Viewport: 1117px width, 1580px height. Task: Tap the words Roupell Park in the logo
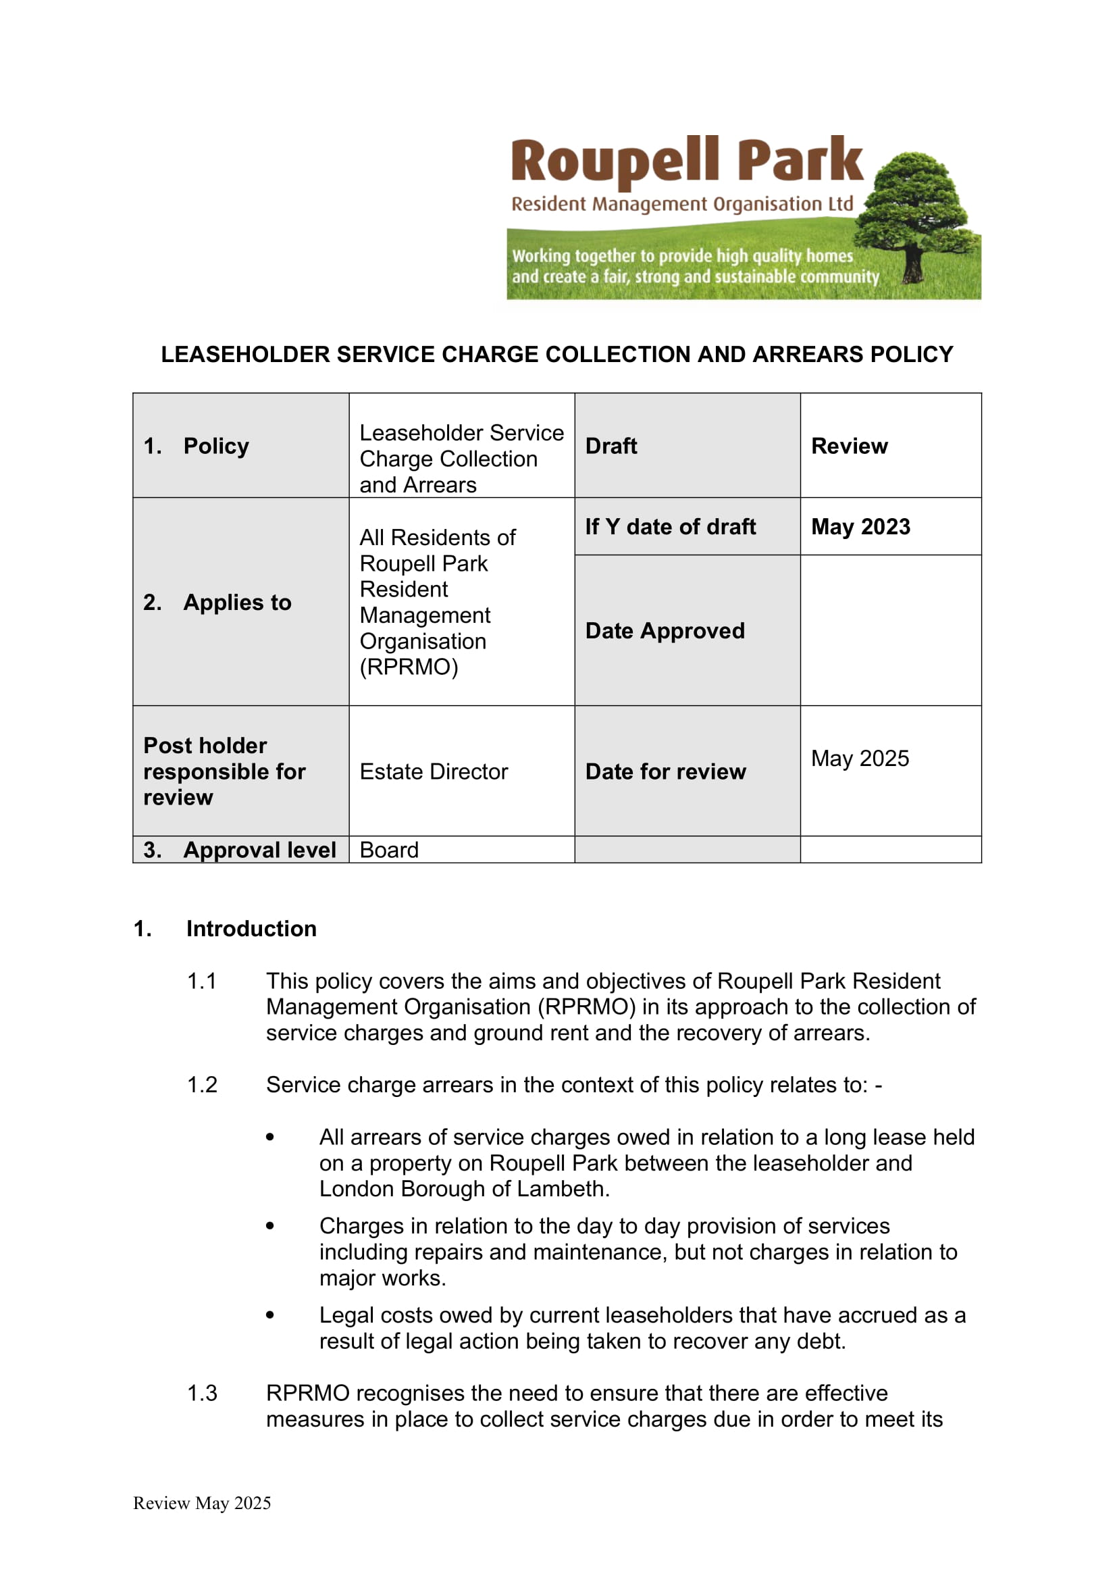click(686, 161)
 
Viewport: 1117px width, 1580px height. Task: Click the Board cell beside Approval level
click(389, 850)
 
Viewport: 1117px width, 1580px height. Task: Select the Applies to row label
click(236, 602)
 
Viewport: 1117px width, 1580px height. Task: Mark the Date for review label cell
click(665, 771)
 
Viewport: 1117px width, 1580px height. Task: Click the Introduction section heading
click(251, 928)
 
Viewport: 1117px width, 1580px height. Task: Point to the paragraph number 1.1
click(201, 981)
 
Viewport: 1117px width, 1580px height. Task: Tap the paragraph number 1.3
click(201, 1393)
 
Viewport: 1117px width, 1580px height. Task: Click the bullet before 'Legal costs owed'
click(270, 1315)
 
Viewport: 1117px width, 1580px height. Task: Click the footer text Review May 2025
click(202, 1503)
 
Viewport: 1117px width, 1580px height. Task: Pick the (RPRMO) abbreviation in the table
click(409, 667)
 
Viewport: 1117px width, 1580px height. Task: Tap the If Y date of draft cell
click(670, 526)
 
